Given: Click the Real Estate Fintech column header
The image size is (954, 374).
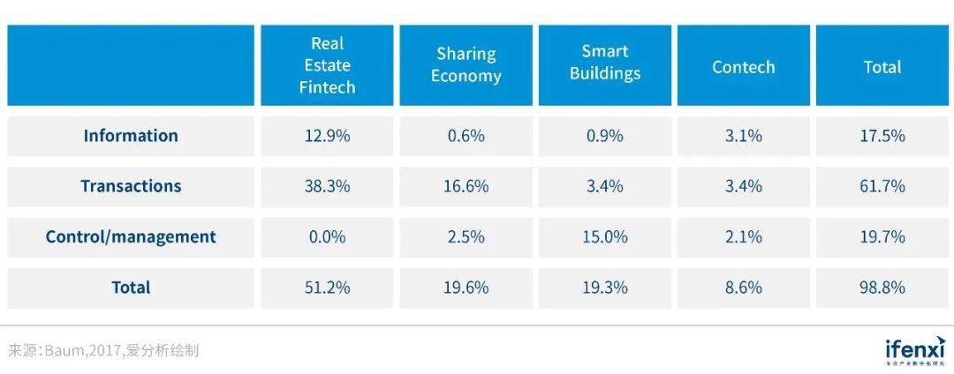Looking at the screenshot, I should (327, 65).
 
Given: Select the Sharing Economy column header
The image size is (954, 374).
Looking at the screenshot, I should (466, 65).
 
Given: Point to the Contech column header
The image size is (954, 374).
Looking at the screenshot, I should (743, 67).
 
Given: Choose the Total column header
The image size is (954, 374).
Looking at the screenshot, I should (882, 67).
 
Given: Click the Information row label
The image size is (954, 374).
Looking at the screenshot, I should (131, 136).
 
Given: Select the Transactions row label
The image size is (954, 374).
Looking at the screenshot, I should (131, 186).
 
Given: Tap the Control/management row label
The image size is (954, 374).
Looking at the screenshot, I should (131, 236).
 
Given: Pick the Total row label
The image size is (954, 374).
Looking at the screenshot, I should (131, 288).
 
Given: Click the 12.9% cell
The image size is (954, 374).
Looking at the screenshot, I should (327, 136).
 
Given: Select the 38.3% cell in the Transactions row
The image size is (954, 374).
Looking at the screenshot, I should (327, 186).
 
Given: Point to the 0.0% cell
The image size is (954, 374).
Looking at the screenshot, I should (327, 236).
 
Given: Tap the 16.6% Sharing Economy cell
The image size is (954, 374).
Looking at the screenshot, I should (466, 186).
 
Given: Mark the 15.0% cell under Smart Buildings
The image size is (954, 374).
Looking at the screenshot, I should (604, 236).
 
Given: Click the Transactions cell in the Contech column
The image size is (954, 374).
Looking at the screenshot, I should (743, 186).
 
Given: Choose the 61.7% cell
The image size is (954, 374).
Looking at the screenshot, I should (882, 186).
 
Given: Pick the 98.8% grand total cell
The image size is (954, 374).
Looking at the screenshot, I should (882, 288).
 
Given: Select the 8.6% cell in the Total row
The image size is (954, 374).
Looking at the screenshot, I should (743, 288).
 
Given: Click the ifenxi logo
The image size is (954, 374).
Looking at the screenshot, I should (914, 350).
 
